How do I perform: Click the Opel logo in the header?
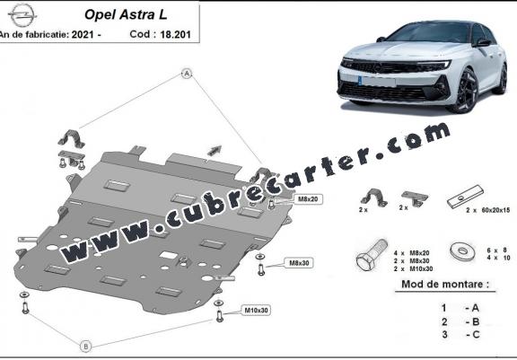coord(22,15)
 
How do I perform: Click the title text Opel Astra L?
coord(126,14)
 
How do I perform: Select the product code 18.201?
coord(175,34)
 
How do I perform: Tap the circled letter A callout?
coord(187,74)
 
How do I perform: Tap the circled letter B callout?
coord(86,347)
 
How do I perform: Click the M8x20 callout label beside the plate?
coord(308,198)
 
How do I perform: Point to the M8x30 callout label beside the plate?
coord(299,263)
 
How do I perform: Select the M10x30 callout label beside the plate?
coord(256,310)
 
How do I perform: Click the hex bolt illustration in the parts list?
coord(372,255)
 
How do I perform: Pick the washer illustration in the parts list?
coord(462,250)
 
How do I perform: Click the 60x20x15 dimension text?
coord(495,210)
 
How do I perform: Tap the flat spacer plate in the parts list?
coord(465,197)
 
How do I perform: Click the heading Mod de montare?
coord(445,284)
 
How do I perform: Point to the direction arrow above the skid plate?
coord(215,150)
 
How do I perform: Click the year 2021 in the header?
coord(83,34)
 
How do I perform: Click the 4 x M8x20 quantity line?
coord(411,253)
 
